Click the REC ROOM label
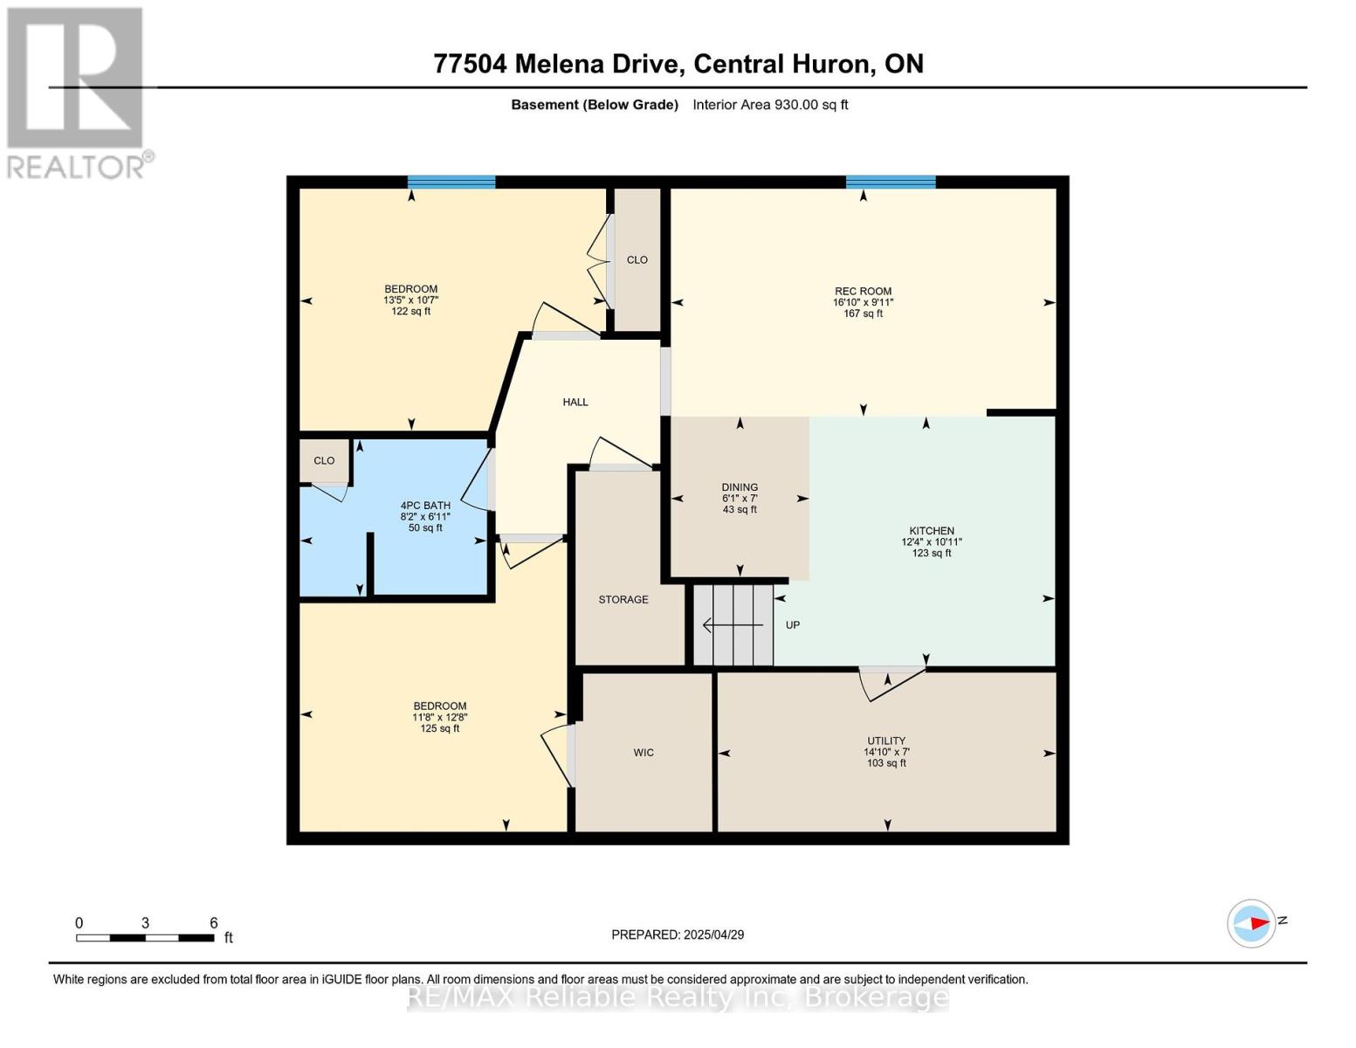(x=863, y=292)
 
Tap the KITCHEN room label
(x=932, y=531)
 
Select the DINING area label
(x=740, y=487)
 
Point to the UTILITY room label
(x=886, y=741)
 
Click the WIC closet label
(x=644, y=753)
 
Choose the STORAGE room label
(x=623, y=600)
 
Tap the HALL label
(x=575, y=403)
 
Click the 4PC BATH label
(x=425, y=506)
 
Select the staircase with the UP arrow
(x=733, y=625)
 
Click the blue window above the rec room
(x=891, y=183)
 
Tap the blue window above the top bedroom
(x=451, y=183)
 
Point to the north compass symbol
(x=1252, y=923)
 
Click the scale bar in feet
(x=145, y=938)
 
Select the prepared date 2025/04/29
(x=678, y=934)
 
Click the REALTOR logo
(x=77, y=92)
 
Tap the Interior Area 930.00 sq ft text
(x=770, y=105)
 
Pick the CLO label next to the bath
(x=324, y=461)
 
